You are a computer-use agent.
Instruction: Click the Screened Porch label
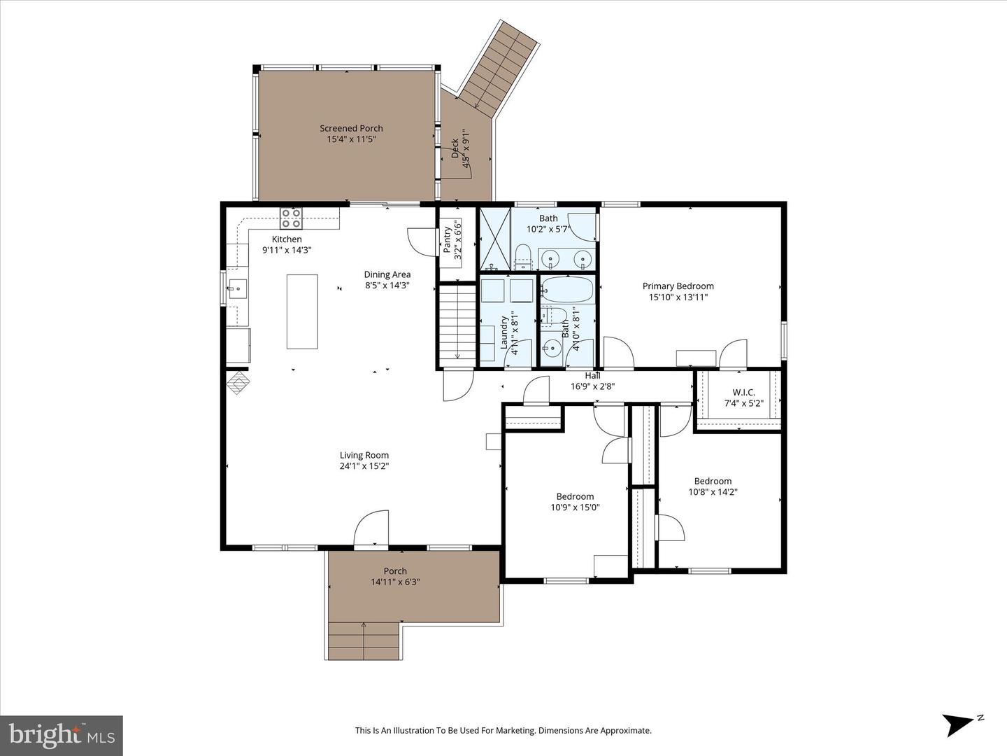click(351, 128)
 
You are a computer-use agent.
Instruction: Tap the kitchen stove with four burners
click(291, 218)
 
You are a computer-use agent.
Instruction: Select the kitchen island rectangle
click(302, 311)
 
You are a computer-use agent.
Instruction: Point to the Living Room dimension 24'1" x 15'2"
click(364, 466)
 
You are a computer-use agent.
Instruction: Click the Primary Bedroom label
click(678, 286)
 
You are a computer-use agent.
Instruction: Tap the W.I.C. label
click(743, 392)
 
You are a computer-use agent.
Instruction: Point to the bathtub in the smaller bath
click(567, 290)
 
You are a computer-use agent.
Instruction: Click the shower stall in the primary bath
click(494, 239)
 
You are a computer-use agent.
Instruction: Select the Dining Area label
click(387, 274)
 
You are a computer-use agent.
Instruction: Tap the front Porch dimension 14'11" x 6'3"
click(395, 582)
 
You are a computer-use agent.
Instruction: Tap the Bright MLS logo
click(61, 735)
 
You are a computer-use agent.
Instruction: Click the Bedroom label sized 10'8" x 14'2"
click(713, 481)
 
